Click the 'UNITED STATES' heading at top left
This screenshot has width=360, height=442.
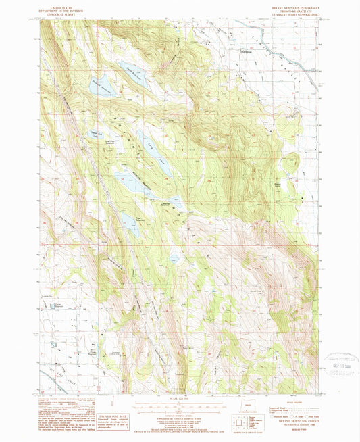[x=56, y=3]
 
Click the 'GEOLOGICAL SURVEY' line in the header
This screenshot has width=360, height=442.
[x=56, y=11]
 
